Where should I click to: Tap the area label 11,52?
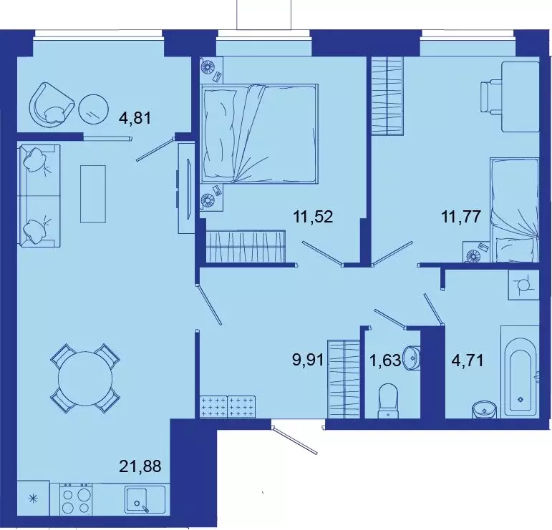[x=312, y=215]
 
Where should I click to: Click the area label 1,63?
[x=384, y=359]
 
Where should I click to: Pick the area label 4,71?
[x=466, y=359]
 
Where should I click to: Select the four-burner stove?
[x=76, y=499]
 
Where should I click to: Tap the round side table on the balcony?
[x=93, y=108]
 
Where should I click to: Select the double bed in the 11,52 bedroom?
[x=259, y=131]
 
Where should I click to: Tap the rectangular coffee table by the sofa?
[x=93, y=193]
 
